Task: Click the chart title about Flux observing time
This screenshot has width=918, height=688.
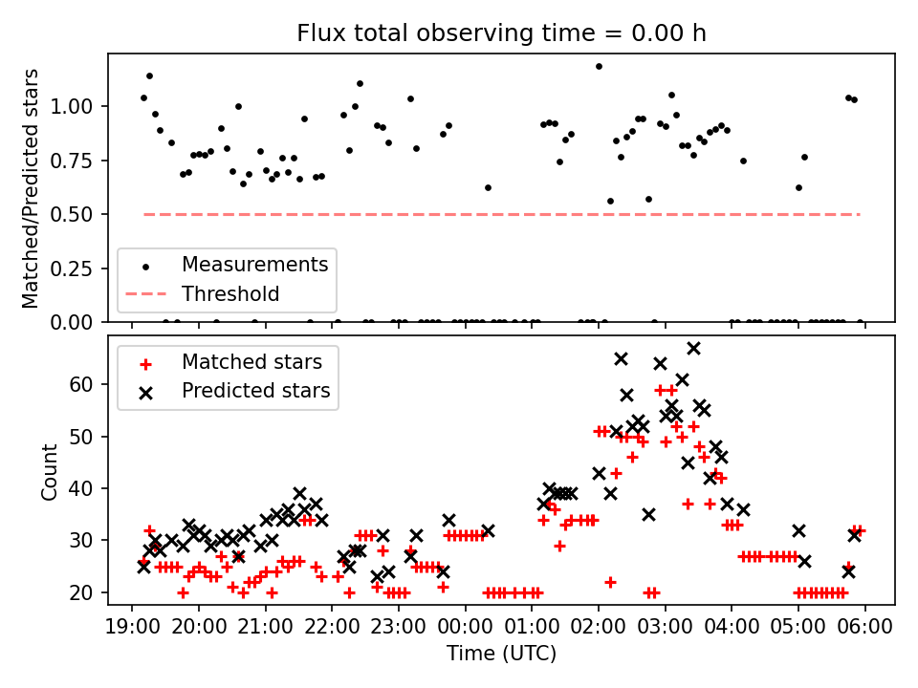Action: (501, 33)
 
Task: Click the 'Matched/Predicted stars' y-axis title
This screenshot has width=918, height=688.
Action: (32, 188)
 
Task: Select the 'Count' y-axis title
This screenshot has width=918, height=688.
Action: (50, 471)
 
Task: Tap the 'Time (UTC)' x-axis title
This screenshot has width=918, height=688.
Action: (501, 654)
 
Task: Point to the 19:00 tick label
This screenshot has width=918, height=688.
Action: (132, 627)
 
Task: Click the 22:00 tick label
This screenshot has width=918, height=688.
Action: (332, 627)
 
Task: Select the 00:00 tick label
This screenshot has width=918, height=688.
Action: (466, 627)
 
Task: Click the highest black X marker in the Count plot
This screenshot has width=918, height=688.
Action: (693, 348)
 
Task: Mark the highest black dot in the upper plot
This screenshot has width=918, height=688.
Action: (599, 66)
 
